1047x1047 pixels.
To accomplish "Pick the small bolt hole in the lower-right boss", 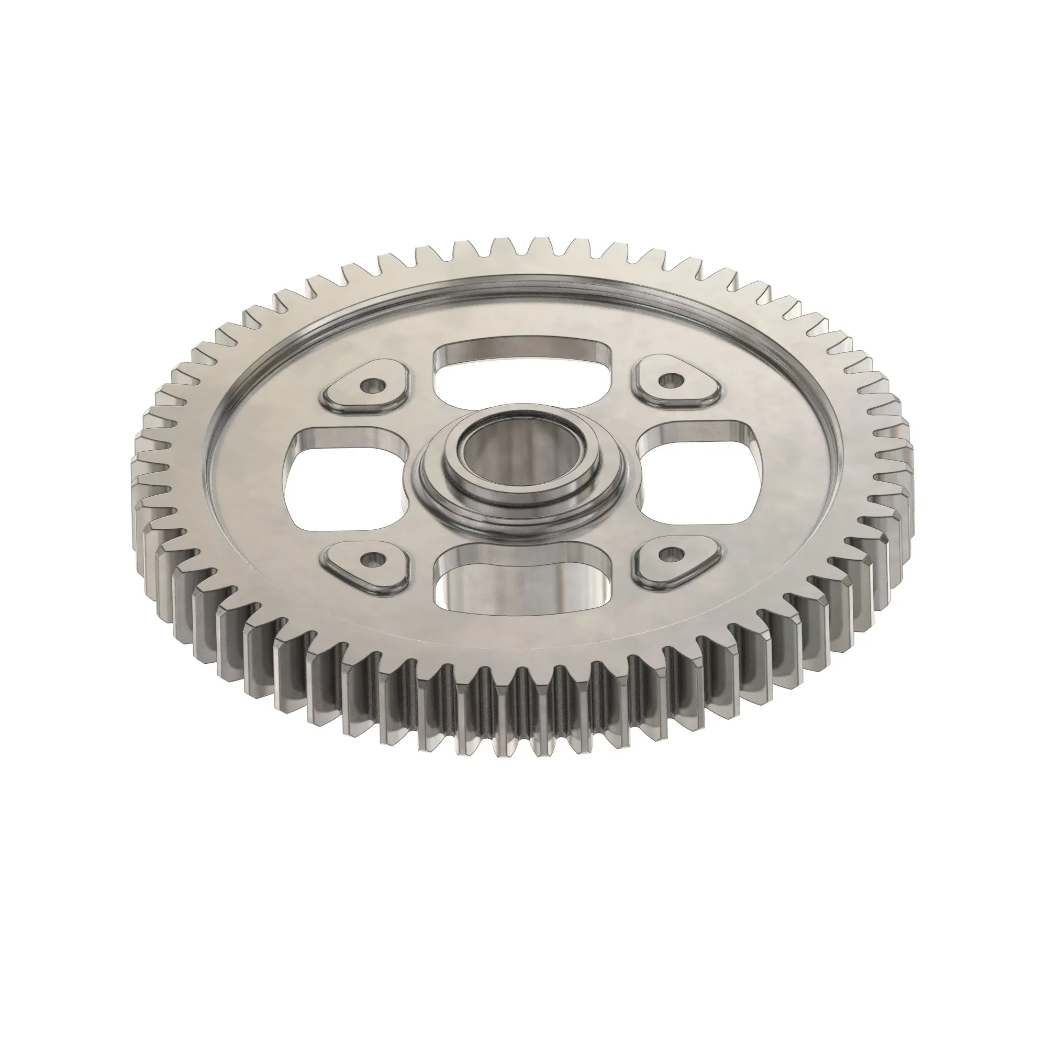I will tap(672, 554).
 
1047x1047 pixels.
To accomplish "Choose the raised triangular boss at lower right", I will tap(677, 564).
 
